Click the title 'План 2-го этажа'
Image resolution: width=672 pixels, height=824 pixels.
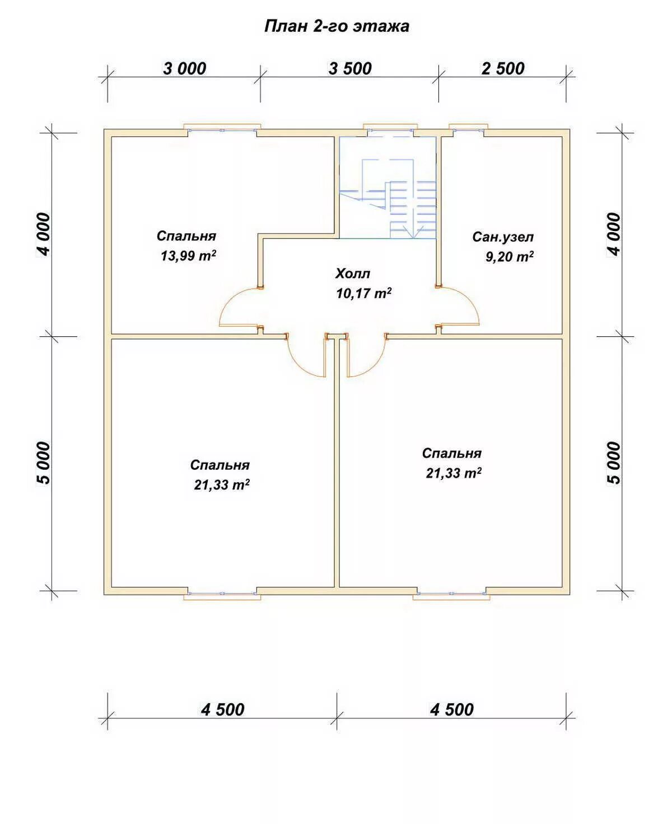337,27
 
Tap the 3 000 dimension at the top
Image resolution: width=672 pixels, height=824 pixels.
184,69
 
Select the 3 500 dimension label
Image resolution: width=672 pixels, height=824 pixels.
350,69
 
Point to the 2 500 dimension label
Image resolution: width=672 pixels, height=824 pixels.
503,69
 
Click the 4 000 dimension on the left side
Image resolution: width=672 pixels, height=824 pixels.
43,234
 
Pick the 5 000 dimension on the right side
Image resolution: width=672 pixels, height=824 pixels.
614,463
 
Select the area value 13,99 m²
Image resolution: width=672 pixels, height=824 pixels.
188,255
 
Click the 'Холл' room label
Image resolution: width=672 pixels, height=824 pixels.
352,274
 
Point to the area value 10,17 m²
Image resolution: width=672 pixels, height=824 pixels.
363,293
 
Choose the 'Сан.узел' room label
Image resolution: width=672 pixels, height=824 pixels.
503,237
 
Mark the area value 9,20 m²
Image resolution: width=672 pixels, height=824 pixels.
510,256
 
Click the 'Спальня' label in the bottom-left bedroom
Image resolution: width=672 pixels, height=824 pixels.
220,465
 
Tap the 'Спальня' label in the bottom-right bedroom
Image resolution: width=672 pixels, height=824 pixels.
451,453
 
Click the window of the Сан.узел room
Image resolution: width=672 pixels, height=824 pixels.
468,129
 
